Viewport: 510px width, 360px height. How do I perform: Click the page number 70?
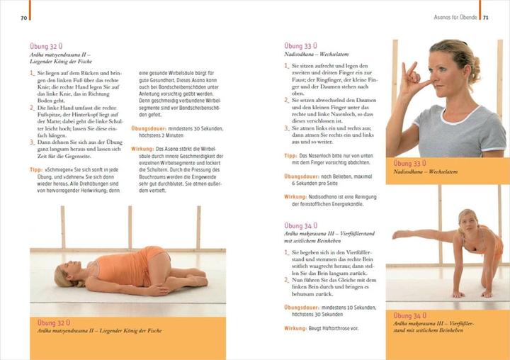coord(23,16)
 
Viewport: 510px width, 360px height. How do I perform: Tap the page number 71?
coord(487,16)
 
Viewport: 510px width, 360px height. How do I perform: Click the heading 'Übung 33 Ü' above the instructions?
coord(300,46)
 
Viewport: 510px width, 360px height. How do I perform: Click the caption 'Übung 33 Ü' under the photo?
coord(409,163)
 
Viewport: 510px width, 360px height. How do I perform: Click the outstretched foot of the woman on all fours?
coord(397,235)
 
